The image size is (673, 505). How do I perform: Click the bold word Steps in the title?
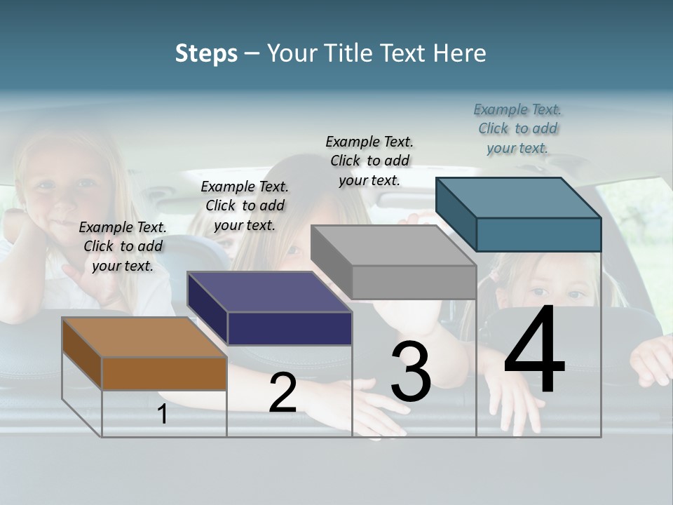[x=206, y=54]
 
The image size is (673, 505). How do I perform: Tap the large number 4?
[x=534, y=351]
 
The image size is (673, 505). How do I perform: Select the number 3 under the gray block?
[x=411, y=372]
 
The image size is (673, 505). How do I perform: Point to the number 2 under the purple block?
[x=283, y=393]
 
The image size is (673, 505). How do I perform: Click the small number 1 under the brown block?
[x=163, y=415]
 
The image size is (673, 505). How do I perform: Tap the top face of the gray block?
[x=393, y=245]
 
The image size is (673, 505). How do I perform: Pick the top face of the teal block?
[x=518, y=198]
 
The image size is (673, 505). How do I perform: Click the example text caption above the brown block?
[x=123, y=246]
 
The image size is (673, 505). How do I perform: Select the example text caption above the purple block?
[x=245, y=206]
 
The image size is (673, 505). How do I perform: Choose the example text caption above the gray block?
[x=369, y=161]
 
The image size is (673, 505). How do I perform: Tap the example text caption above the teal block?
[x=517, y=128]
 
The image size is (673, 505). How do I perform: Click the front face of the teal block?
[x=538, y=234]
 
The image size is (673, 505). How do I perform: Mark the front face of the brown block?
[x=164, y=373]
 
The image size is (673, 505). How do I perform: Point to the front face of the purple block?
[x=290, y=328]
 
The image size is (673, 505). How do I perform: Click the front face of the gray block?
[x=414, y=282]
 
